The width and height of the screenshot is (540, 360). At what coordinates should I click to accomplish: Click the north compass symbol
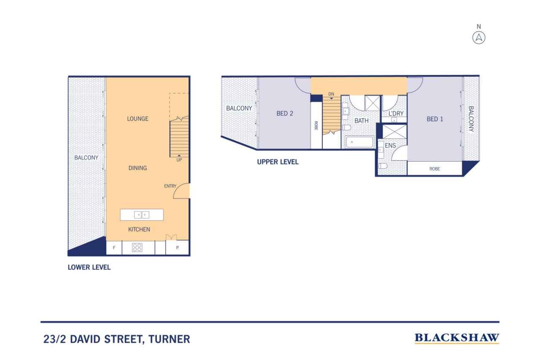click(x=478, y=38)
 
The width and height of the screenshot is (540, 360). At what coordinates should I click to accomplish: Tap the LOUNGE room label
click(x=138, y=119)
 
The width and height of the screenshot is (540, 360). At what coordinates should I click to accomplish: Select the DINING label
click(x=138, y=168)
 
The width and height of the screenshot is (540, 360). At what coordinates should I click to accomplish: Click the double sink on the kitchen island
click(x=142, y=214)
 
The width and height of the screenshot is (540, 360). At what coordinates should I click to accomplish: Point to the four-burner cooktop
click(x=137, y=247)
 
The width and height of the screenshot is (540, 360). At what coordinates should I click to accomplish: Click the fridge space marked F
click(x=114, y=248)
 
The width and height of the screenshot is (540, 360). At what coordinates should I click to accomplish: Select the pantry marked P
click(x=178, y=248)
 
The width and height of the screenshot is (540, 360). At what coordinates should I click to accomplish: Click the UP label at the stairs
click(x=179, y=160)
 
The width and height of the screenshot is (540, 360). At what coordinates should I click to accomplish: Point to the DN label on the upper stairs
click(x=331, y=94)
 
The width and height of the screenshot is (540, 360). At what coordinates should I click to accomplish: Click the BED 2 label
click(x=285, y=114)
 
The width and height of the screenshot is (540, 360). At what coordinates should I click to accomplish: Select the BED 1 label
click(x=435, y=119)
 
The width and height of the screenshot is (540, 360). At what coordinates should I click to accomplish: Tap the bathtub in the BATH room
click(x=359, y=142)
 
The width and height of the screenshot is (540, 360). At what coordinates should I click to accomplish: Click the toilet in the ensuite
click(x=383, y=166)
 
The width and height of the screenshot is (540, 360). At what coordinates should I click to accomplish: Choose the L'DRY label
click(x=396, y=114)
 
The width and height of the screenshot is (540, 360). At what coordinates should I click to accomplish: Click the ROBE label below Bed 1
click(x=435, y=169)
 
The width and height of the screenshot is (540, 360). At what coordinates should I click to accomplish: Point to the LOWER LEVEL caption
click(x=89, y=267)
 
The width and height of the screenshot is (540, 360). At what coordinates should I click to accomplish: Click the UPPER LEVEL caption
click(x=278, y=162)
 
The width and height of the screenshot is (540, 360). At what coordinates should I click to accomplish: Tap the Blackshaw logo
click(x=457, y=338)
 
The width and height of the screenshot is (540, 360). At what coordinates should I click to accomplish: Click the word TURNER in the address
click(x=169, y=339)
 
